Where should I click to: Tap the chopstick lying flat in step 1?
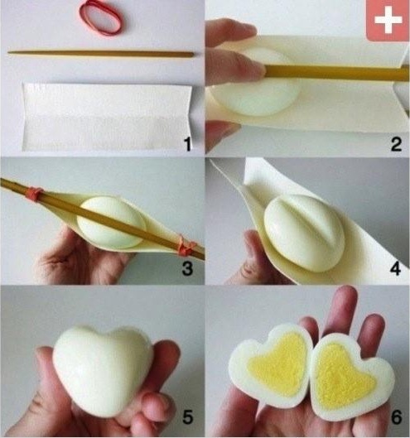(101, 53)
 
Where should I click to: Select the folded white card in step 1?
(107, 117)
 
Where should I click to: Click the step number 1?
(187, 144)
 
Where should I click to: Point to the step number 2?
(396, 144)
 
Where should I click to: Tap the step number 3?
(187, 269)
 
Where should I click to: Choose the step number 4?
(395, 269)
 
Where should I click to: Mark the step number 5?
(187, 417)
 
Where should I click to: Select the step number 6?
(396, 417)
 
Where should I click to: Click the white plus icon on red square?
(388, 21)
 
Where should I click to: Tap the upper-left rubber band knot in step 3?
(35, 193)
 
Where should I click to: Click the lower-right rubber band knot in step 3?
(186, 246)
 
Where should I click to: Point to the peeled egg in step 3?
(111, 223)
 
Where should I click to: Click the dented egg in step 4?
(304, 233)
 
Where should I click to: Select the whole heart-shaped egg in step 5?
(103, 371)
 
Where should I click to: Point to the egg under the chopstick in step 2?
(257, 84)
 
